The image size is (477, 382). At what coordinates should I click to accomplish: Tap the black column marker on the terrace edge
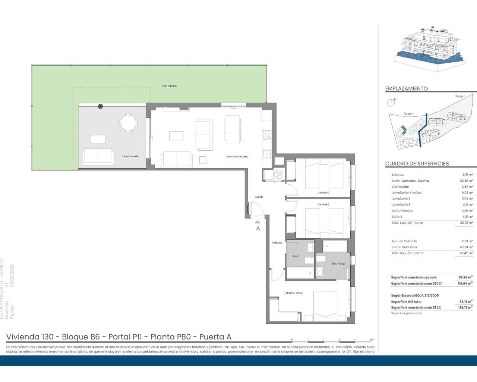[x=100, y=107]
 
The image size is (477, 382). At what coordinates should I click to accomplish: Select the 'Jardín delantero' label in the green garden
[x=169, y=86]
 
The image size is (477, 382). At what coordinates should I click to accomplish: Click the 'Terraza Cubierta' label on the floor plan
[x=130, y=156]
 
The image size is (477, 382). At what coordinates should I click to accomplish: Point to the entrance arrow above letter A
[x=258, y=222]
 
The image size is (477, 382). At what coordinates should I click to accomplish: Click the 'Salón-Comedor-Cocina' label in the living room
[x=237, y=157]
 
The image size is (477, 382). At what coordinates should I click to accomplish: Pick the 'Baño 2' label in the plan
[x=296, y=256]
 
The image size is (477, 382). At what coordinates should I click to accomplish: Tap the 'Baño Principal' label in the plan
[x=339, y=264]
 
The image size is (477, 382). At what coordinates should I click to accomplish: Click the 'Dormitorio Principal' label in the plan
[x=294, y=293]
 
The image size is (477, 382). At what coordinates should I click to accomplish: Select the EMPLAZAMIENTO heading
[x=406, y=89]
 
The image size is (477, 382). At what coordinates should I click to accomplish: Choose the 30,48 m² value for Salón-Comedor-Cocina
[x=467, y=181]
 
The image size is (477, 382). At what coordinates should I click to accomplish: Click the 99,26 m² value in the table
[x=465, y=278]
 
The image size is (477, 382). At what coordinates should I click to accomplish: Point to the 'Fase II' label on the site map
[x=408, y=114]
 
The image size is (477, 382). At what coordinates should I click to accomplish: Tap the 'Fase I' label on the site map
[x=459, y=96]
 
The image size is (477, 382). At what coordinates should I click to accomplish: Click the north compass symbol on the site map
[x=391, y=101]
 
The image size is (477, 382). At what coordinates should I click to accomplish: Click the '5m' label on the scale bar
[x=371, y=340]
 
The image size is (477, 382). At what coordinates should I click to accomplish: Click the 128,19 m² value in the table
[x=465, y=307]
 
